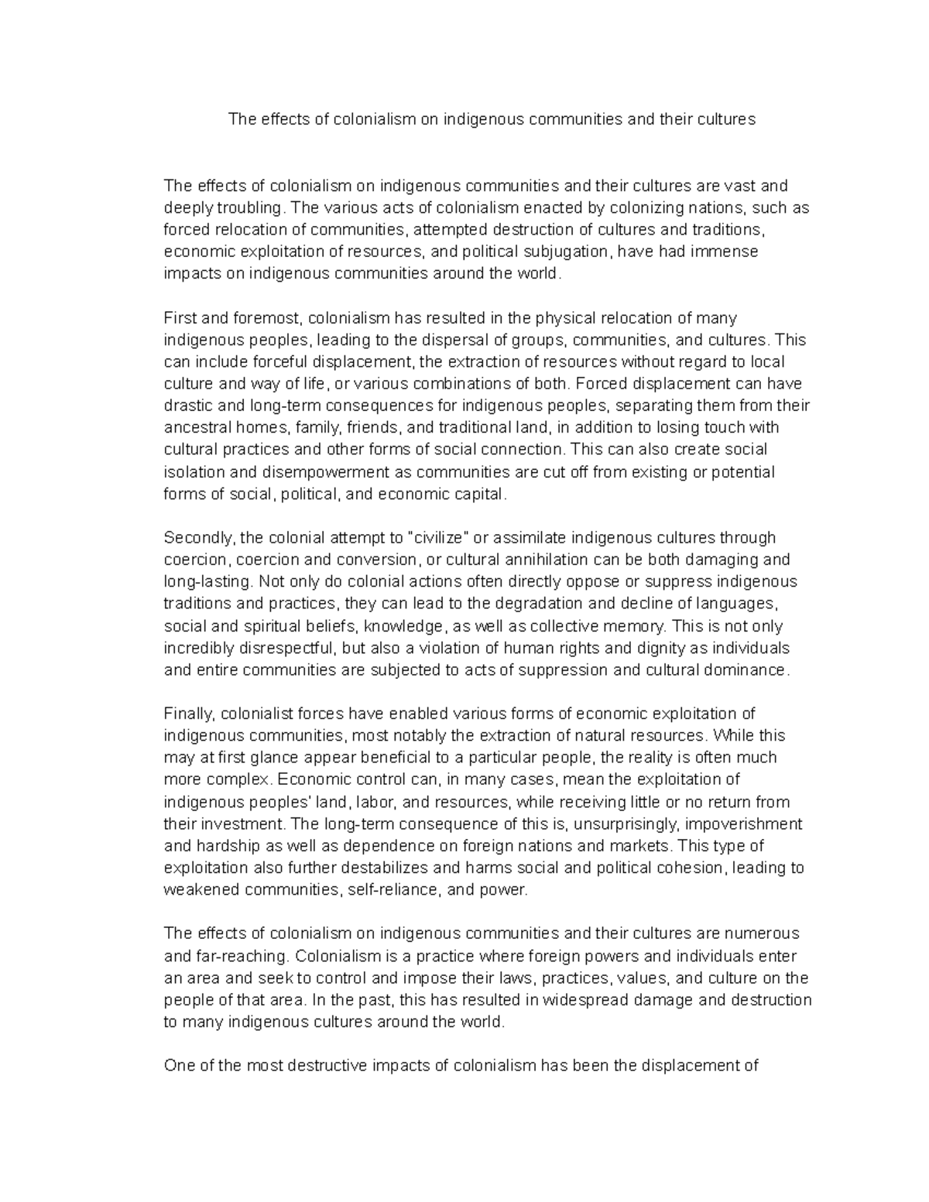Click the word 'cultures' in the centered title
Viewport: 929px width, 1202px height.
point(726,119)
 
